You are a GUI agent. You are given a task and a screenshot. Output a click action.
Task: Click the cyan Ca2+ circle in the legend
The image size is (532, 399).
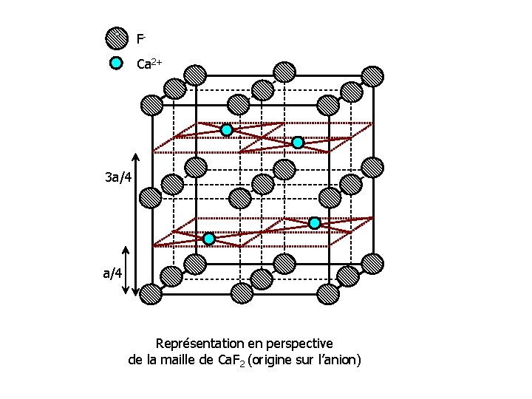coord(116,63)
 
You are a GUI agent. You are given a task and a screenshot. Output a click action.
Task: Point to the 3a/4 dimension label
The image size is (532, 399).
coord(118,177)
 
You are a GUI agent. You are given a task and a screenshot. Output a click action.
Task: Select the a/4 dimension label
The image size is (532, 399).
coord(113,273)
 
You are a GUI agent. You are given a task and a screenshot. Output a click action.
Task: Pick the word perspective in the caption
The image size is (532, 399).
coord(298,344)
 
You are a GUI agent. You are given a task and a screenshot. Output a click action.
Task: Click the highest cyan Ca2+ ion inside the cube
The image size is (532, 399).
coord(227,130)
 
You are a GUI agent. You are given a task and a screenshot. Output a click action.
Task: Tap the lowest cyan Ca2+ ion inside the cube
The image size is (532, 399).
coord(209,239)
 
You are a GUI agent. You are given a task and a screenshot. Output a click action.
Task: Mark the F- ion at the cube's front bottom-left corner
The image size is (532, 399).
coord(151,294)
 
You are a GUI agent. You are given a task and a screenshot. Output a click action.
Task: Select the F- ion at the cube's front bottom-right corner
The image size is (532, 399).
coord(328,294)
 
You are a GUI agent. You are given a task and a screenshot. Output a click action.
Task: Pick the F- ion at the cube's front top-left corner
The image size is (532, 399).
coord(151,104)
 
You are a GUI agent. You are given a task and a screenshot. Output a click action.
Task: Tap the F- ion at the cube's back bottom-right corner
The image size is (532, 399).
coord(373,263)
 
